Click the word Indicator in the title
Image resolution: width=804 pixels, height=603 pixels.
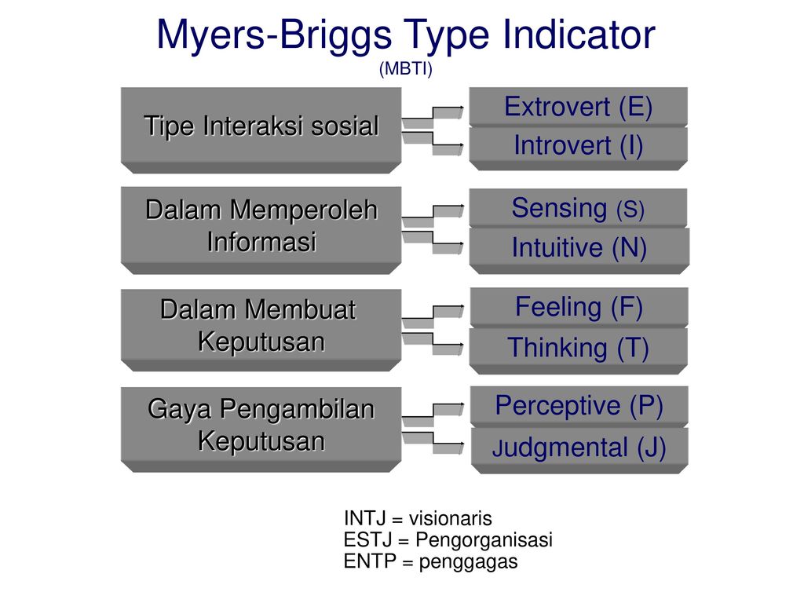click(579, 35)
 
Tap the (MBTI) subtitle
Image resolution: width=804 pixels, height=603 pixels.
click(406, 68)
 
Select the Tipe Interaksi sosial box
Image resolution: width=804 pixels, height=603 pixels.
click(261, 130)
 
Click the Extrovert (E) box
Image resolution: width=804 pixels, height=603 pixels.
click(579, 107)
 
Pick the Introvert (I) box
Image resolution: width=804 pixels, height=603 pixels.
click(579, 148)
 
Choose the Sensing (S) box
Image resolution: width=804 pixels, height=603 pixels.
click(579, 207)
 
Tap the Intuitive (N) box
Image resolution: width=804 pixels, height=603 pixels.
click(579, 250)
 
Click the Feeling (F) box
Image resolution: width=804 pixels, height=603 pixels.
click(579, 307)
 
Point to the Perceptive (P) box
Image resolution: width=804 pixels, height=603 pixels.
click(579, 407)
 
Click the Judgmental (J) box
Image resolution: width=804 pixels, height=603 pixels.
click(579, 450)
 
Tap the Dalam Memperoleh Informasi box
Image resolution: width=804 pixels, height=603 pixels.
click(261, 230)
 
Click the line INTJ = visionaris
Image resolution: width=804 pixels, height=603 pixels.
click(418, 518)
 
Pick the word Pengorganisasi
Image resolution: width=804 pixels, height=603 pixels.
click(484, 540)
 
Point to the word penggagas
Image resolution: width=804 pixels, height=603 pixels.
click(468, 562)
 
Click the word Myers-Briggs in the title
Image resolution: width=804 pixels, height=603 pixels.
click(274, 35)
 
